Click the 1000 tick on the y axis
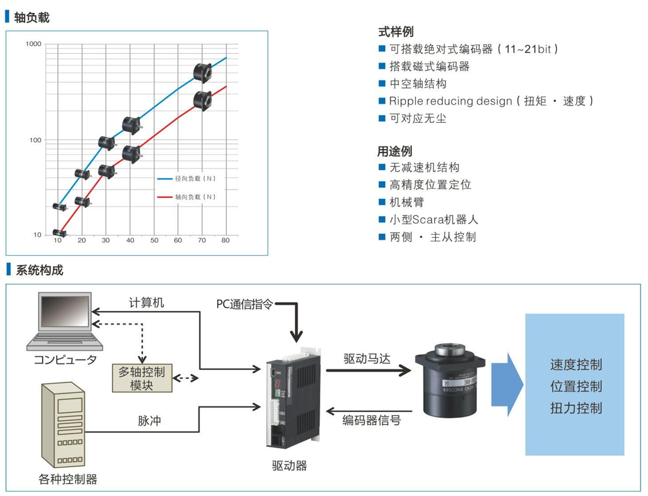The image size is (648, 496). pyautogui.click(x=34, y=44)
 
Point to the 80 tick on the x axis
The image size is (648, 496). pyautogui.click(x=225, y=241)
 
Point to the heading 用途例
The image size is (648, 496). pyautogui.click(x=395, y=151)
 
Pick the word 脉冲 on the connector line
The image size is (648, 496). pyautogui.click(x=149, y=421)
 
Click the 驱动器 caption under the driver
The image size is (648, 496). pyautogui.click(x=289, y=466)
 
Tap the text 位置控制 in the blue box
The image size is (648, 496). pyautogui.click(x=576, y=387)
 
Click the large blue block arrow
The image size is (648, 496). pyautogui.click(x=507, y=385)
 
